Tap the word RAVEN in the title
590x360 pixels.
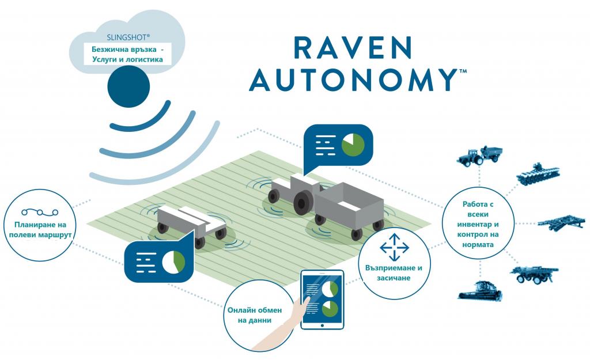353,48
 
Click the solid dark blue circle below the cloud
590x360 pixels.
128,86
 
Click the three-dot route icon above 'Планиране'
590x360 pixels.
40,213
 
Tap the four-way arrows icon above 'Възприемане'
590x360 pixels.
394,247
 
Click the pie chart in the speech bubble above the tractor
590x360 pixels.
353,145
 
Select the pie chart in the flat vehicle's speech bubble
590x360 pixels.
174,262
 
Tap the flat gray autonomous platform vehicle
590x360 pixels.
191,225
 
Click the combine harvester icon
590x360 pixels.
480,290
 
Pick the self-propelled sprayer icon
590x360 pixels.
534,274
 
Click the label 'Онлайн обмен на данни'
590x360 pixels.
254,315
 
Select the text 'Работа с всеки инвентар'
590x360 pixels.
478,214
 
